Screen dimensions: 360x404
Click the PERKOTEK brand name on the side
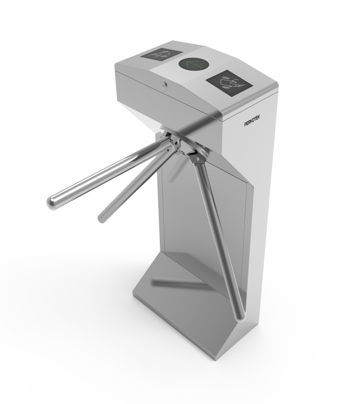(x=252, y=121)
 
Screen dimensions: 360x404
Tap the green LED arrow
(x=194, y=65)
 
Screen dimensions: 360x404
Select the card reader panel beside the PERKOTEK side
(x=229, y=83)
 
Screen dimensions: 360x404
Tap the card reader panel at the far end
(x=161, y=55)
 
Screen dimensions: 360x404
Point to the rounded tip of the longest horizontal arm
(x=52, y=203)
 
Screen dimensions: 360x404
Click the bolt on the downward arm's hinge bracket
(x=198, y=158)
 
